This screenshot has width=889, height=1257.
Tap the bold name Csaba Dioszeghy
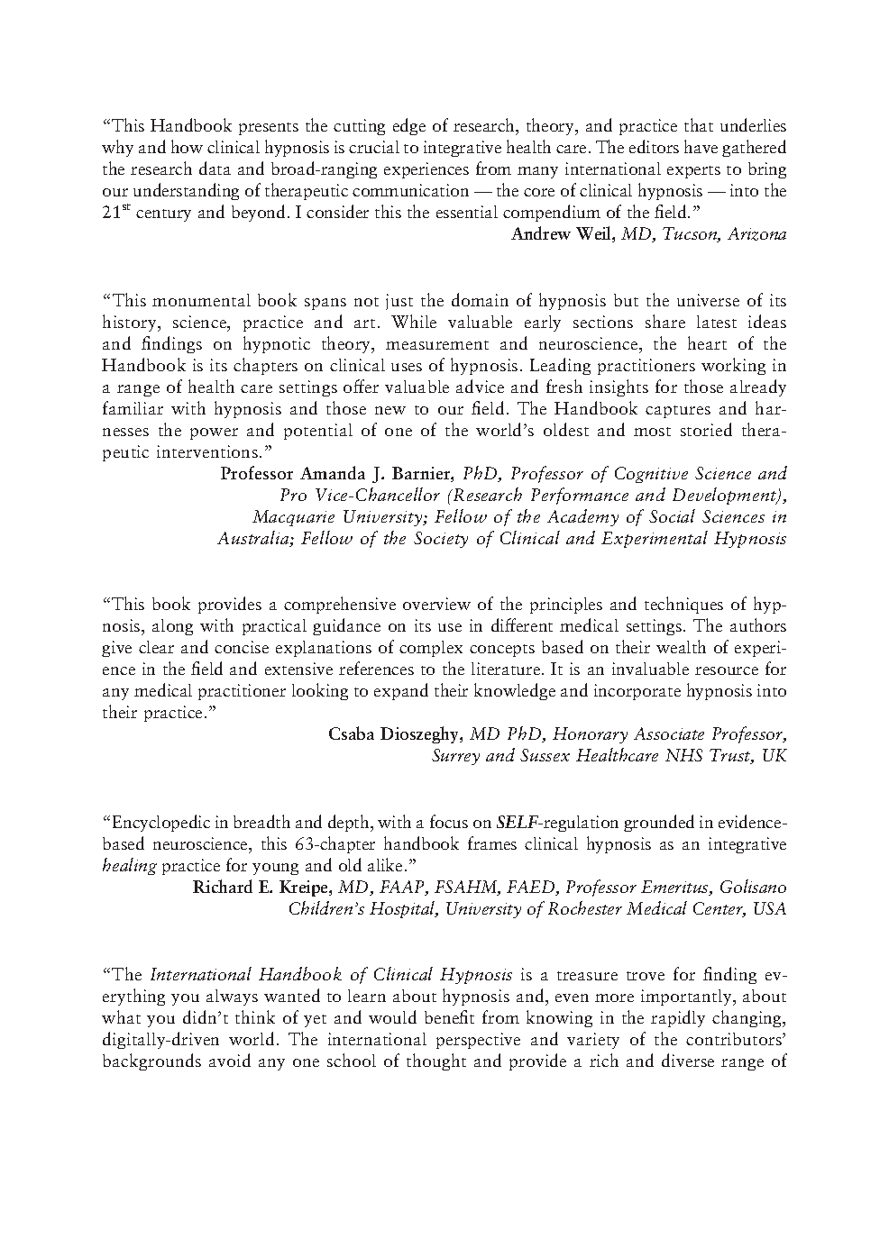click(392, 733)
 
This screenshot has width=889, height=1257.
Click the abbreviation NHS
click(683, 755)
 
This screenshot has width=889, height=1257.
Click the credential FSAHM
click(463, 887)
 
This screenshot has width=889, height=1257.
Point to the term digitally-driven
click(167, 1040)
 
